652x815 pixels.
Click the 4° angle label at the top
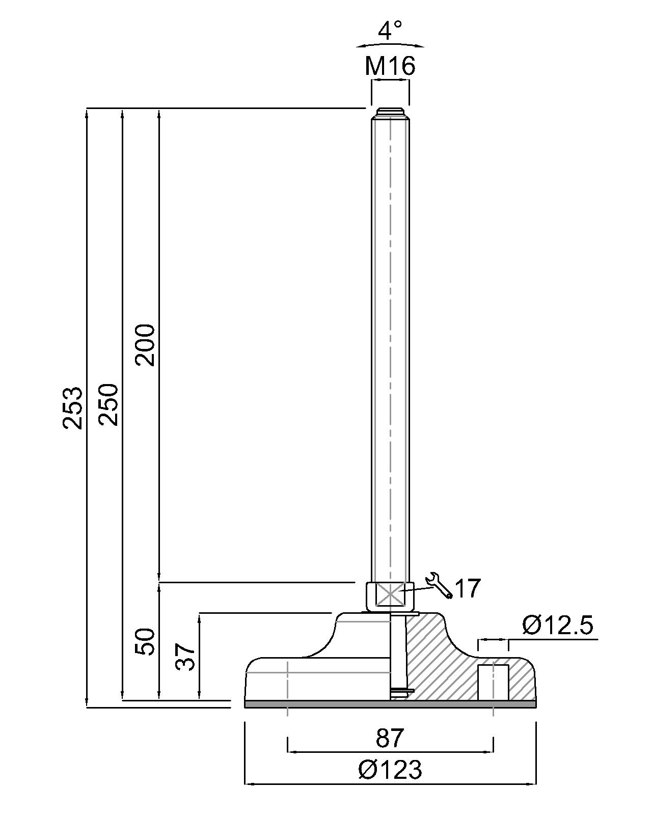[390, 30]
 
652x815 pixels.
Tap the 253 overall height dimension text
[72, 408]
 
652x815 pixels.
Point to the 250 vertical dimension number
[108, 404]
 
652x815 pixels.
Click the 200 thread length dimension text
[145, 345]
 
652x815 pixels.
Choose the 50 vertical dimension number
[145, 641]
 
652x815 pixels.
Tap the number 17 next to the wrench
[468, 588]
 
